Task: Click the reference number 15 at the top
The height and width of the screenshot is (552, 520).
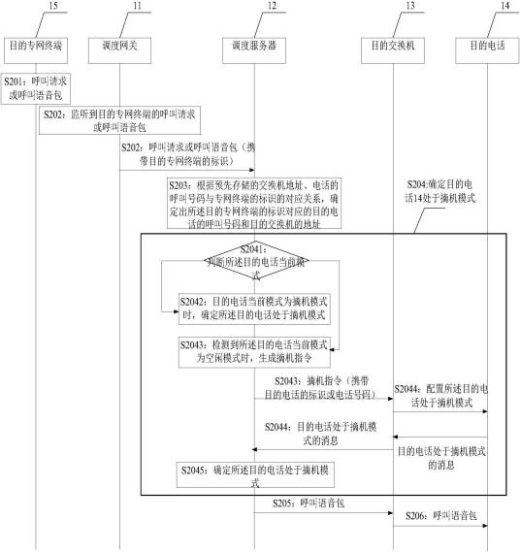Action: (37, 7)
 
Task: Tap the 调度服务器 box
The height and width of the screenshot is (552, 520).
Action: (255, 45)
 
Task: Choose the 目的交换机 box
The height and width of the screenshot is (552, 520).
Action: (394, 45)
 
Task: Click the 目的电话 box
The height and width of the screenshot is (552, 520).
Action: (485, 45)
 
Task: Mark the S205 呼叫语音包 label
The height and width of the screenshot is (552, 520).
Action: (309, 504)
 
